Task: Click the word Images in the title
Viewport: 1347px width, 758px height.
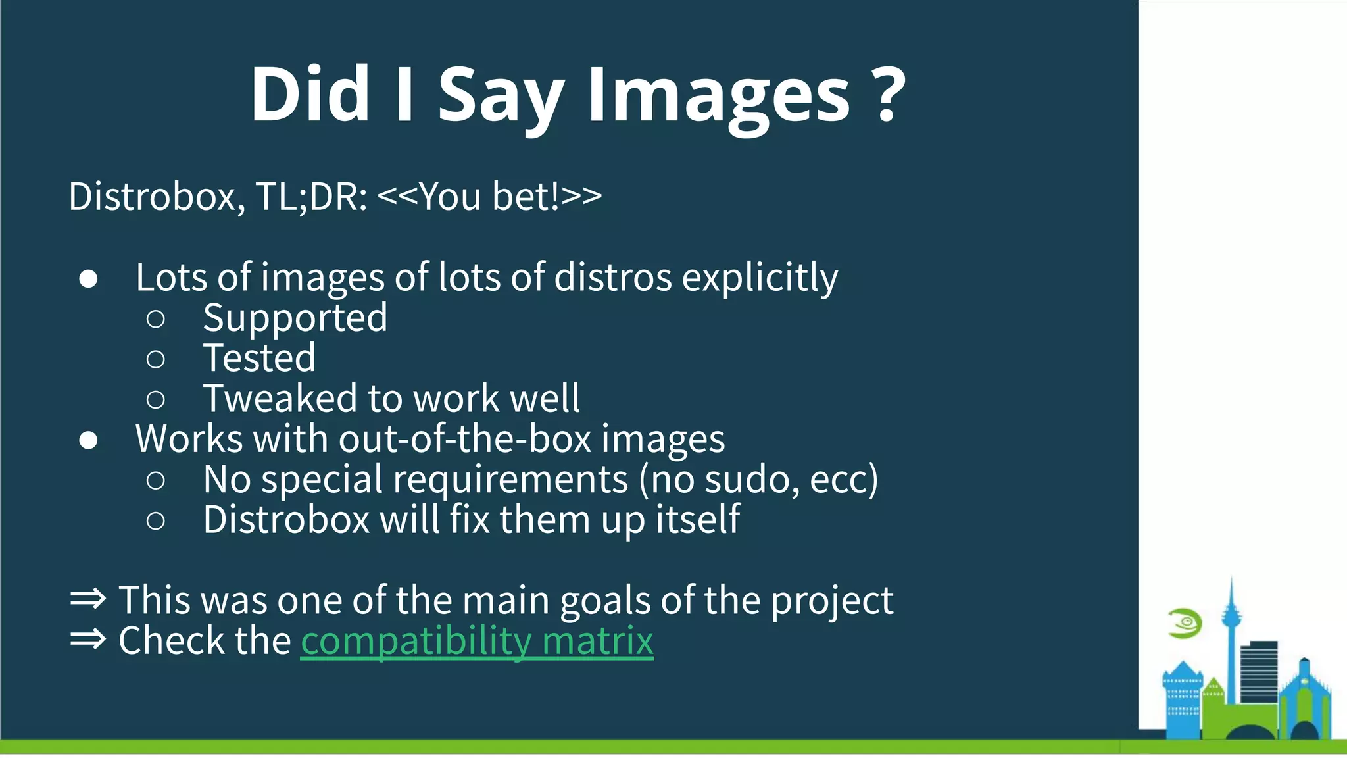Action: [718, 95]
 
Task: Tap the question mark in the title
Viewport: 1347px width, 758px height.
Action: [891, 95]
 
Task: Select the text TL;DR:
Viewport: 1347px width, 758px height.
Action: [311, 196]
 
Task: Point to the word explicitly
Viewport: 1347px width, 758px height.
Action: [760, 278]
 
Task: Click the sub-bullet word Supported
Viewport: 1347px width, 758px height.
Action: [295, 318]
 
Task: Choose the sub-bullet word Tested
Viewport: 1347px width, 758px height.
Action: [259, 359]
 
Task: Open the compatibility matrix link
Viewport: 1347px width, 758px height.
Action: [477, 641]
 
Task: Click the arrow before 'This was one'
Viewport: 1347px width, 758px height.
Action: [88, 599]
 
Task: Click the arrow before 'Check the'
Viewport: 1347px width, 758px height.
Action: [88, 639]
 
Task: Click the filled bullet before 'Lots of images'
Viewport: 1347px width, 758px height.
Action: [89, 279]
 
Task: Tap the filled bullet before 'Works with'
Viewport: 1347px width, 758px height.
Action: [89, 440]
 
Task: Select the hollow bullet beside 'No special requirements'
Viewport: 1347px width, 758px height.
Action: [156, 480]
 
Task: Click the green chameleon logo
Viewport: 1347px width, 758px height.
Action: [1185, 623]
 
